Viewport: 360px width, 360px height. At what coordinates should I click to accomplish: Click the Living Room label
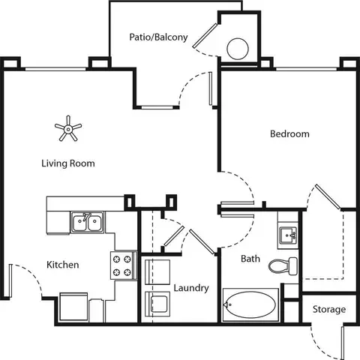[68, 163]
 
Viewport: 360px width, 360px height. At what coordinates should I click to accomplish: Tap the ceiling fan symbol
[68, 129]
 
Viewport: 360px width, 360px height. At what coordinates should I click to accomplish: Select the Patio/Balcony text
[158, 37]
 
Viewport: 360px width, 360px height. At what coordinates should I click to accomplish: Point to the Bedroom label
[289, 134]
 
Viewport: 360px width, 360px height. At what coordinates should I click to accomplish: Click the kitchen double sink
[87, 222]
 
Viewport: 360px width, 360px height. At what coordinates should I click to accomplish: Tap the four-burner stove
[124, 265]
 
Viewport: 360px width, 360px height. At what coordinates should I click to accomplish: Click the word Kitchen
[63, 265]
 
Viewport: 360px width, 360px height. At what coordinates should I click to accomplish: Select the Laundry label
[191, 288]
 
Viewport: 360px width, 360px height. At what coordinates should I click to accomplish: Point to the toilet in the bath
[283, 265]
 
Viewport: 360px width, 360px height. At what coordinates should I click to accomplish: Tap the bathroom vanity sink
[288, 235]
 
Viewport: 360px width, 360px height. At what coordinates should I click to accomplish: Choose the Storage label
[329, 310]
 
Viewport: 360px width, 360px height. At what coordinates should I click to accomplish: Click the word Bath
[250, 259]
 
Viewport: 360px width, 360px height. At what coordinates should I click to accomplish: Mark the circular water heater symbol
[238, 49]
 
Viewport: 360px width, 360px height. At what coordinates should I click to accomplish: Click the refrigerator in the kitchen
[73, 307]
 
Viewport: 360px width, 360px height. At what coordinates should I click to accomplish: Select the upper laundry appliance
[157, 272]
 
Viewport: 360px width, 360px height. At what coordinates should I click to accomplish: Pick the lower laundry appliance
[157, 304]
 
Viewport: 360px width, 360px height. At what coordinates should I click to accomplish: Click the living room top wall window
[55, 69]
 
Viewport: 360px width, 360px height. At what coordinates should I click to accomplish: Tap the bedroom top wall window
[307, 69]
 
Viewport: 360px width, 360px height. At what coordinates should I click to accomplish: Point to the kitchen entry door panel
[10, 280]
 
